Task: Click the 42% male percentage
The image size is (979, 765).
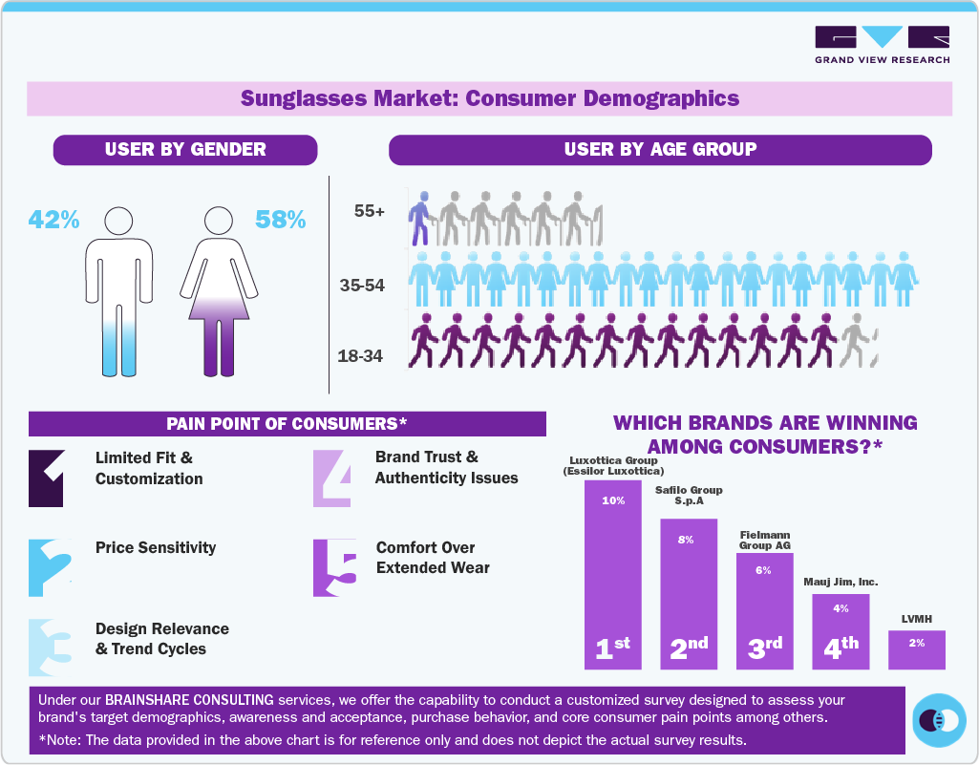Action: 53,220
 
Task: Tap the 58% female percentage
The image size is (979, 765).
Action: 280,220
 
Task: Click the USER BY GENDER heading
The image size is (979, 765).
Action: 185,149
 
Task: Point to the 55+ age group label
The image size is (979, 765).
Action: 369,212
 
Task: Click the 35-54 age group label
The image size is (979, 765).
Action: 361,285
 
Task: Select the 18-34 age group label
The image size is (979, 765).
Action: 360,357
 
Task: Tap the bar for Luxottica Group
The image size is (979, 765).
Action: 612,573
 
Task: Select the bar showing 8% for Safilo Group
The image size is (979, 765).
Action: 688,592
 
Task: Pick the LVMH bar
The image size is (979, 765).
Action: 916,649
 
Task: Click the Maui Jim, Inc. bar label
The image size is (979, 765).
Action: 840,582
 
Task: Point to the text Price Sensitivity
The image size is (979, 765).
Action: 156,548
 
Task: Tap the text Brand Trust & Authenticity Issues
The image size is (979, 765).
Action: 446,468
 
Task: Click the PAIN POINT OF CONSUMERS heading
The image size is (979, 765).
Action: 287,423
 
